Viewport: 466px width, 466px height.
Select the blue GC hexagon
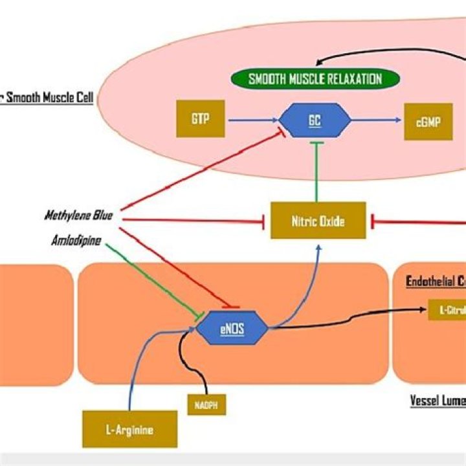[x=314, y=120]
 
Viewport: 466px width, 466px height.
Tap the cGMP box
[x=428, y=121]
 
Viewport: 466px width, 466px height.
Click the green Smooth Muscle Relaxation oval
[x=315, y=80]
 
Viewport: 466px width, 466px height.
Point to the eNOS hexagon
[x=232, y=327]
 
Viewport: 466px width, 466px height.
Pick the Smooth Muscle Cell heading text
[x=47, y=99]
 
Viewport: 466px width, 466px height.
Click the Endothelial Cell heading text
[x=435, y=282]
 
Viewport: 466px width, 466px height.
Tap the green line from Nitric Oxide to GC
[x=315, y=172]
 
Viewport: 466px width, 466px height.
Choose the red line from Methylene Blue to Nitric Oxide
[x=194, y=221]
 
